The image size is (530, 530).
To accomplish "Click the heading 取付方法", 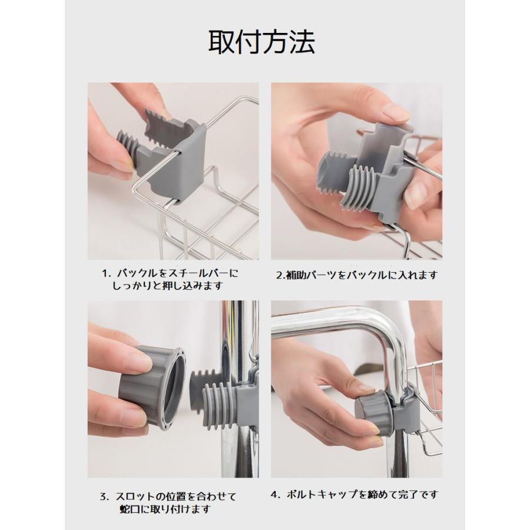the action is tap(261, 42).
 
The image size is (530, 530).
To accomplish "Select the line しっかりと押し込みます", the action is tap(168, 286).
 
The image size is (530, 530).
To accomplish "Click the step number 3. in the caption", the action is tap(104, 497).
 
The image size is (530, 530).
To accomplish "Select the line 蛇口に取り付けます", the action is tap(165, 509).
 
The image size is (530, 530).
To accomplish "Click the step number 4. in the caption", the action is tap(276, 495).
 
